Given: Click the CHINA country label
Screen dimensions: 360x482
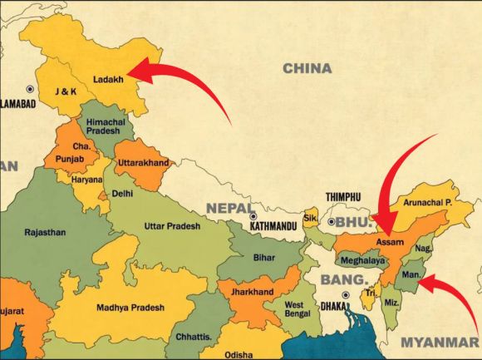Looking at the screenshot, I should (x=307, y=68).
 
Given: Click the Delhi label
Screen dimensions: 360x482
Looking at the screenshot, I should (x=122, y=194).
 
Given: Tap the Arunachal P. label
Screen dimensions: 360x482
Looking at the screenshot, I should (x=425, y=202).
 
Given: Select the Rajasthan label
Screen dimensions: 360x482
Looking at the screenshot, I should (x=46, y=233).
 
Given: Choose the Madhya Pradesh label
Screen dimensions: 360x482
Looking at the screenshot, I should (x=130, y=308).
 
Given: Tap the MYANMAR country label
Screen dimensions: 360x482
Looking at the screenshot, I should (x=440, y=342).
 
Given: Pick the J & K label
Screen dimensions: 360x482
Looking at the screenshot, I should (x=65, y=91).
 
